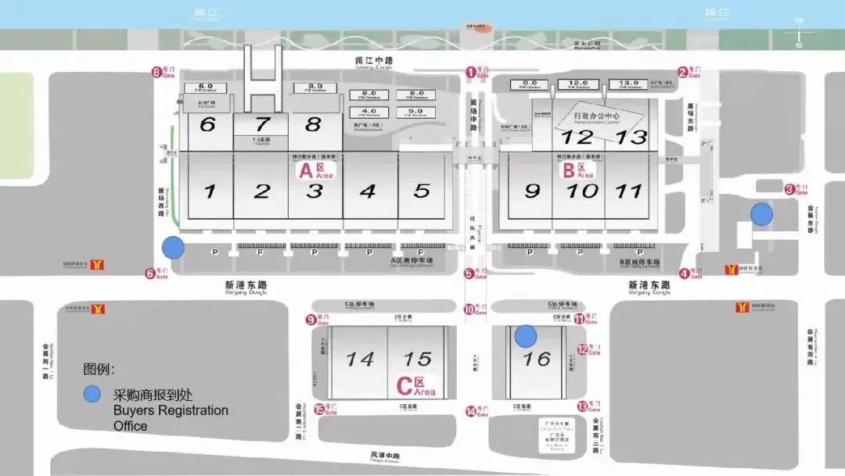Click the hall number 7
(x=262, y=123)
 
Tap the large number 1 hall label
(x=209, y=191)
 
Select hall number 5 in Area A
(x=422, y=191)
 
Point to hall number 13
(x=631, y=137)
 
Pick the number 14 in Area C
(x=360, y=359)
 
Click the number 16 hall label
(x=538, y=359)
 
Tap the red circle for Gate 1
(x=471, y=72)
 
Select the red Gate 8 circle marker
(x=156, y=73)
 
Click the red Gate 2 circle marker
(x=682, y=73)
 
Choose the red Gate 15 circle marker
(x=319, y=409)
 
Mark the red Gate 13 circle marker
(x=582, y=406)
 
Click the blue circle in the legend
(x=92, y=395)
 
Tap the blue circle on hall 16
(x=526, y=336)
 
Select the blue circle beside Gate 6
(x=173, y=249)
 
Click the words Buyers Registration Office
(x=171, y=417)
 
